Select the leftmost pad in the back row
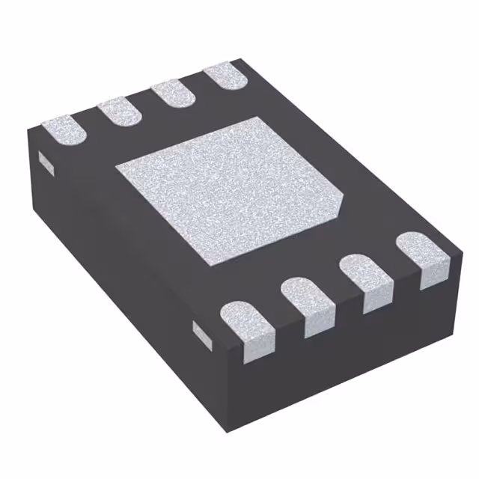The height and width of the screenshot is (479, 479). (x=64, y=128)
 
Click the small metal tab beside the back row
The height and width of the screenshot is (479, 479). (x=44, y=162)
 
